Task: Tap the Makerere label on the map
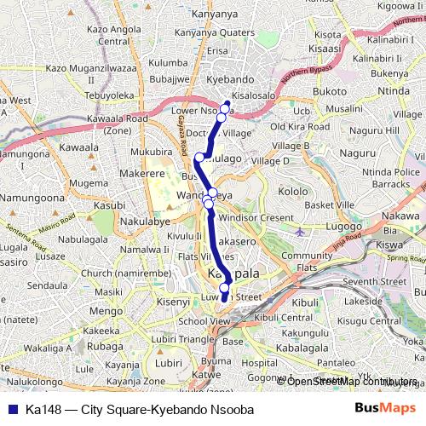[118, 173]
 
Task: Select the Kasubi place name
[109, 205]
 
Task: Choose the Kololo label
[293, 191]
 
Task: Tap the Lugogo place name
[343, 227]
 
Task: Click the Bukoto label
[330, 91]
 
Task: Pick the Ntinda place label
[394, 91]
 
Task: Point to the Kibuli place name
[304, 302]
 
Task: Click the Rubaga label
[106, 347]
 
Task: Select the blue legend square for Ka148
[11, 410]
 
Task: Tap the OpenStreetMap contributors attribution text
[350, 381]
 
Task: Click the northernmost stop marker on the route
[226, 107]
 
